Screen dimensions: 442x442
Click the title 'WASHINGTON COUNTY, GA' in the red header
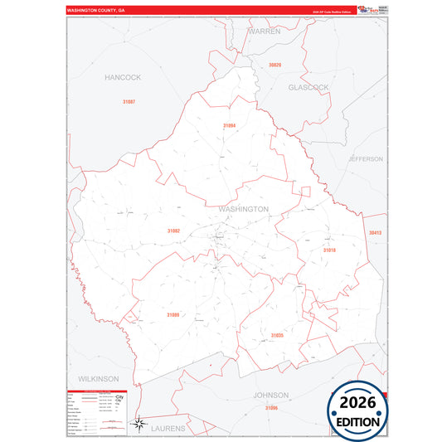tap(96, 11)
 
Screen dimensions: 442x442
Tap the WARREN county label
tap(265, 31)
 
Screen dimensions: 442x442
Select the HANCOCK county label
tap(123, 77)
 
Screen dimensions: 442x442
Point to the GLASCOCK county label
tap(308, 87)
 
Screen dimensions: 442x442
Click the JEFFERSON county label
tap(366, 158)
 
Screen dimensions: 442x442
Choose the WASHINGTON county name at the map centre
tap(244, 209)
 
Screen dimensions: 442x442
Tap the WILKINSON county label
tap(100, 378)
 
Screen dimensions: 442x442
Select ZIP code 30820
tap(274, 65)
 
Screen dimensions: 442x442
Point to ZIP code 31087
tap(128, 101)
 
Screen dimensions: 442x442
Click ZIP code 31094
tap(230, 125)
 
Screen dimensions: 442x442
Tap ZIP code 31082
tap(173, 231)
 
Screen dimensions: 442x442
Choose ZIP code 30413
tap(376, 233)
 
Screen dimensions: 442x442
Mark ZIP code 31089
tap(172, 315)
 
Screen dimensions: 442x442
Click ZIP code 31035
tap(277, 335)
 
